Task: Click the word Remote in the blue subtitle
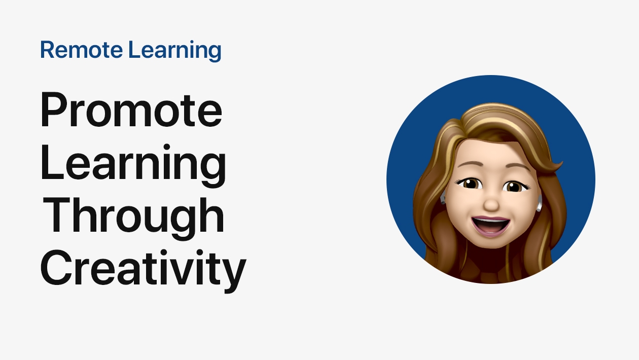82,50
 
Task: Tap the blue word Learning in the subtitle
175,51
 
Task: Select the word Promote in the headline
131,110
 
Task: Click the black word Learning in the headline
133,166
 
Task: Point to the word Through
133,219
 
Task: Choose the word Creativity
143,271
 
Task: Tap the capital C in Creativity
56,268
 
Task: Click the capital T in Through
56,215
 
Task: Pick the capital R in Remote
47,50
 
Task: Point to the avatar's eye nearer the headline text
470,183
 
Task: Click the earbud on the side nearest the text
443,197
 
